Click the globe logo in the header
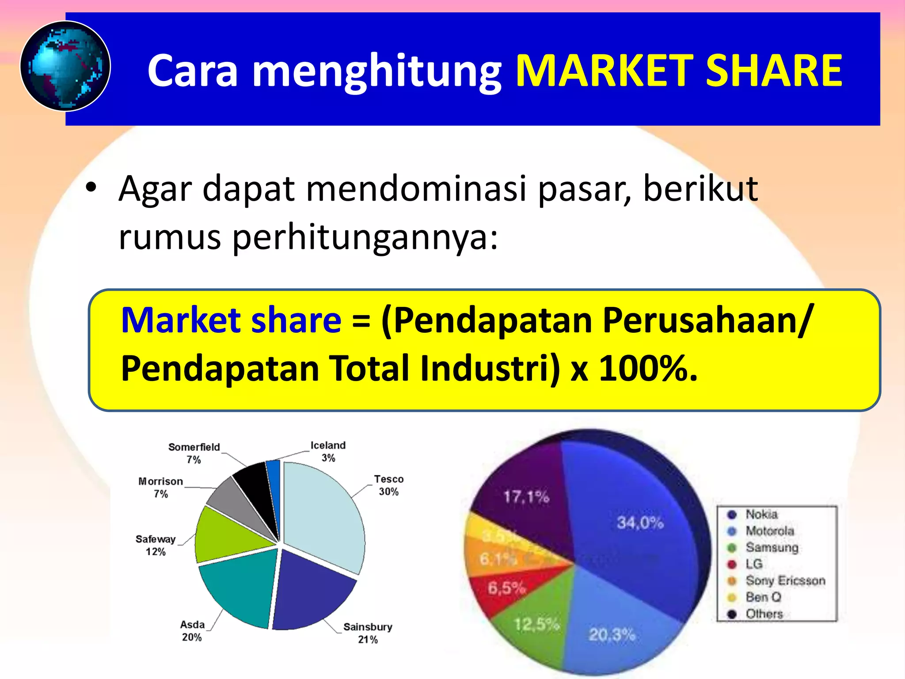click(65, 66)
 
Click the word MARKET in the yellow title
click(604, 71)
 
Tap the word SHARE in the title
click(774, 71)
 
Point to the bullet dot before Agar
click(91, 187)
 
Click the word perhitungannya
click(365, 237)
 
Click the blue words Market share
click(231, 320)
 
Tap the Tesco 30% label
click(388, 485)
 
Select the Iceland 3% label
click(328, 451)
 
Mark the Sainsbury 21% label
click(368, 633)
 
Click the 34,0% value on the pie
click(640, 523)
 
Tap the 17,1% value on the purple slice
click(526, 497)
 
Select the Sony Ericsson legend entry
click(785, 580)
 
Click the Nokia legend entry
click(761, 514)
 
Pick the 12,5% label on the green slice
click(536, 624)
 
